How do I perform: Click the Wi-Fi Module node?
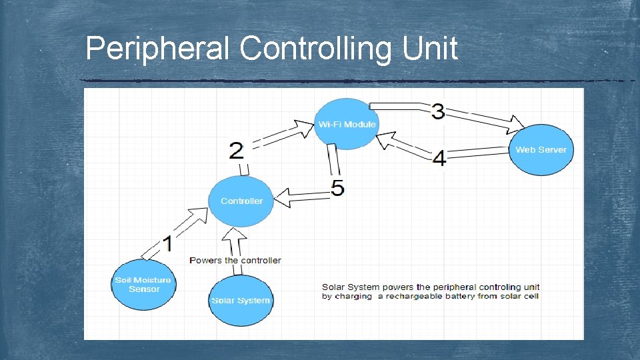pyautogui.click(x=346, y=125)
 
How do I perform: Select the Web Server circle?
pyautogui.click(x=541, y=150)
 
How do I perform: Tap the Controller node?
pyautogui.click(x=241, y=201)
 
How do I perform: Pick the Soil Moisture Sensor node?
pyautogui.click(x=143, y=285)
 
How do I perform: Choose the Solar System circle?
pyautogui.click(x=240, y=301)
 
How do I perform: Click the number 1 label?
pyautogui.click(x=168, y=244)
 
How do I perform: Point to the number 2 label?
pyautogui.click(x=236, y=150)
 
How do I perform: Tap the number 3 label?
pyautogui.click(x=438, y=111)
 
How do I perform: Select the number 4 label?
pyautogui.click(x=439, y=159)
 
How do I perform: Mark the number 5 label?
pyautogui.click(x=338, y=189)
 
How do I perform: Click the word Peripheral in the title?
pyautogui.click(x=158, y=49)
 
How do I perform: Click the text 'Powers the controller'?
pyautogui.click(x=235, y=260)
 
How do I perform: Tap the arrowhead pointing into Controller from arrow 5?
pyautogui.click(x=284, y=197)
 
